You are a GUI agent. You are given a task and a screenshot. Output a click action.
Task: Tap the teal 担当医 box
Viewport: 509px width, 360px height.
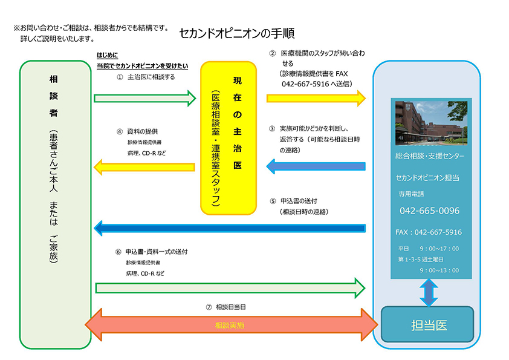tap(427, 325)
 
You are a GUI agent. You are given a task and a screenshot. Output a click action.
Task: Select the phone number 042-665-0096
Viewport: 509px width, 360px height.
tap(429, 211)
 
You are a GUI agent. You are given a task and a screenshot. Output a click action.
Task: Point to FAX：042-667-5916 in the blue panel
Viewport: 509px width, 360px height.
tap(428, 232)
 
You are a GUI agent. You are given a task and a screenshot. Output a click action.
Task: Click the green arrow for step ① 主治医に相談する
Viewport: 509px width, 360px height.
tap(145, 98)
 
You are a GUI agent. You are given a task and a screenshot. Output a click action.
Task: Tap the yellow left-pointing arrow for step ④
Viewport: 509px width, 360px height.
tap(145, 165)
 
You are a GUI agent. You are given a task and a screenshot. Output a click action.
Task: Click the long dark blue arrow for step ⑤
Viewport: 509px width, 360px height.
tap(230, 228)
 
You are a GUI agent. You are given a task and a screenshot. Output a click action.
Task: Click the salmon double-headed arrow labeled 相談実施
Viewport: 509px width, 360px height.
tap(230, 326)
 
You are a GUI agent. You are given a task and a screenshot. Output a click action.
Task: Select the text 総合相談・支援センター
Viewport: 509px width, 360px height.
tap(430, 157)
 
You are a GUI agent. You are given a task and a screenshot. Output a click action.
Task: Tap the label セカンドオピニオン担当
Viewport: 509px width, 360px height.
tap(427, 177)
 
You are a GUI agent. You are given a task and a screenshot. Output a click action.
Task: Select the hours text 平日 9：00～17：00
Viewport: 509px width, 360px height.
tap(428, 249)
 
